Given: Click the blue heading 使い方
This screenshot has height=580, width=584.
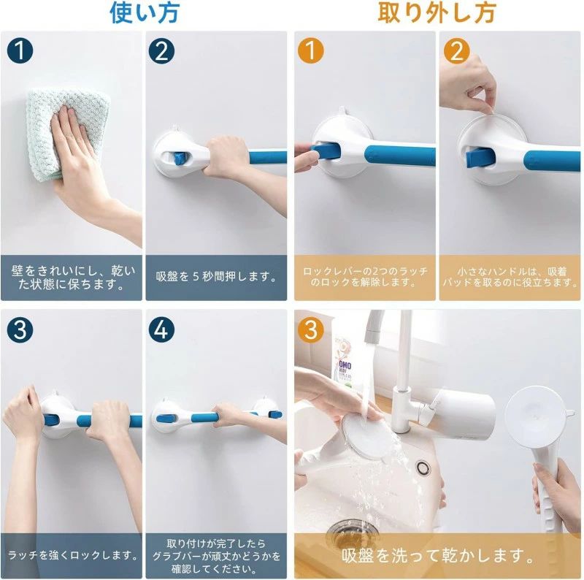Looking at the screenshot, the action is point(145,12).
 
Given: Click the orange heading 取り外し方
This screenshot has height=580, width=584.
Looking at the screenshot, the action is point(437,12).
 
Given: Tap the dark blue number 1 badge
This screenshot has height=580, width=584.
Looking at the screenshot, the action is point(20,51).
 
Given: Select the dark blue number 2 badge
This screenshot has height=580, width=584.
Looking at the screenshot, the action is point(161,51).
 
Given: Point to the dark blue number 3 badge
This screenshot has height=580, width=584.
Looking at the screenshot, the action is point(20,330).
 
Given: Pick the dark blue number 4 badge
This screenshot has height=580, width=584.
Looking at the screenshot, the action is point(161,330).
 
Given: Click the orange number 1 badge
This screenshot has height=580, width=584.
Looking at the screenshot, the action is point(311,51).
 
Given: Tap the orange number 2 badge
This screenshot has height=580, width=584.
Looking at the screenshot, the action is point(457,51).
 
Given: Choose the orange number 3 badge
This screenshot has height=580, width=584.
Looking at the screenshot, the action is point(311,330).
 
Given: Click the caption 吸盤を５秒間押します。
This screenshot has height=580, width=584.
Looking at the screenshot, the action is point(216,277).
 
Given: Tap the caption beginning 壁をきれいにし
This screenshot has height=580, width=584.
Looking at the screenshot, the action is point(73,278).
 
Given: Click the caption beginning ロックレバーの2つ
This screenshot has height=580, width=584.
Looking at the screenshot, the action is point(365,277).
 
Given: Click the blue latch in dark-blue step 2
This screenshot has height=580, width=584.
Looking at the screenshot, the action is point(179,159).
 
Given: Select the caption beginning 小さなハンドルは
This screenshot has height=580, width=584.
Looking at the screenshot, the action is point(510,277).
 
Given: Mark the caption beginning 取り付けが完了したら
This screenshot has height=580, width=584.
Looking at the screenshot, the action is point(216,556).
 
